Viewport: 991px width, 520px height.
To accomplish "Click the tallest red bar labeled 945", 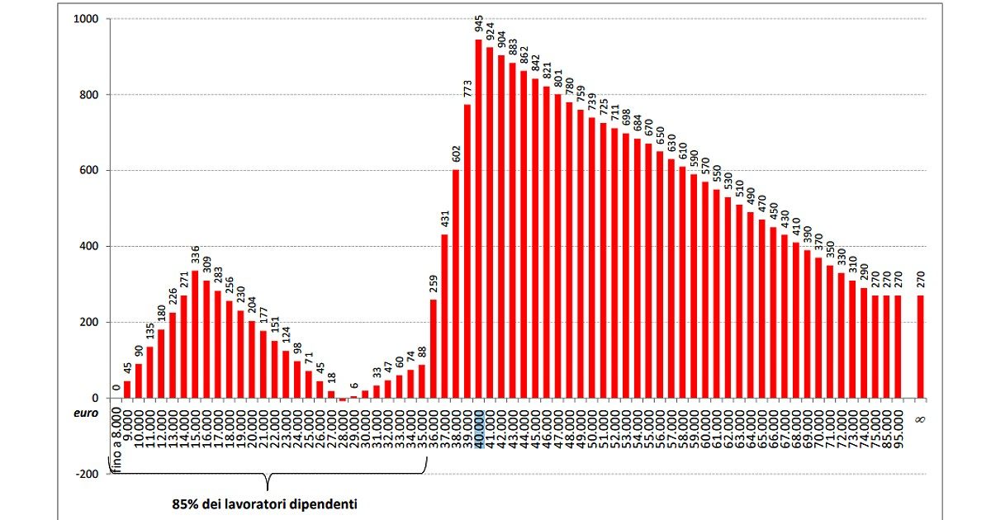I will [x=478, y=219].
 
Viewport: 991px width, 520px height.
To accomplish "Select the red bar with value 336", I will [x=195, y=334].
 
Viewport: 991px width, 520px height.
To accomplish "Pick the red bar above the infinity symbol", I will [x=920, y=347].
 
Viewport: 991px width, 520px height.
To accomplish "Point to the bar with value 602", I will [x=455, y=284].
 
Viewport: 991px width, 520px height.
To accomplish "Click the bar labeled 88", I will [x=421, y=381].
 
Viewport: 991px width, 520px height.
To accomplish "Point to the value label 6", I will [x=353, y=386].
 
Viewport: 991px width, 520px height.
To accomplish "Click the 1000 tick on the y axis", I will [x=85, y=19].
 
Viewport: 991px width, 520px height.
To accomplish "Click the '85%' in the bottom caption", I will [x=185, y=503].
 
